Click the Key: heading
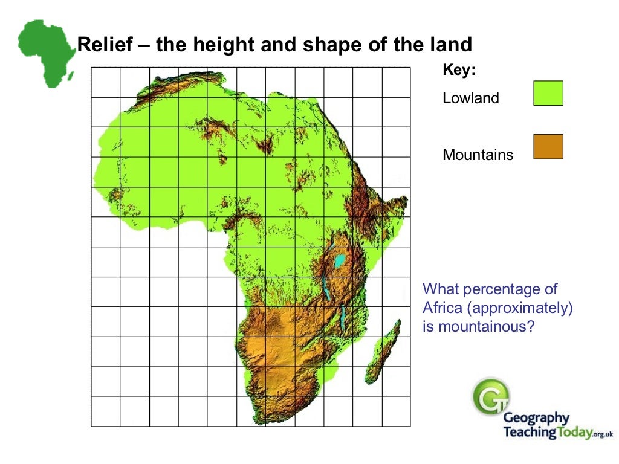pyautogui.click(x=459, y=71)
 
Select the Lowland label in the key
pyautogui.click(x=471, y=98)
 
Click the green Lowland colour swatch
pyautogui.click(x=548, y=94)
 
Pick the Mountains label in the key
pyautogui.click(x=478, y=155)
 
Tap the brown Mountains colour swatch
pyautogui.click(x=548, y=147)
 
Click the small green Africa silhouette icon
pyautogui.click(x=45, y=51)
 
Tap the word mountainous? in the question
pyautogui.click(x=479, y=327)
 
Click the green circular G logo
pyautogui.click(x=490, y=396)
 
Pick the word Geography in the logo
pyautogui.click(x=536, y=418)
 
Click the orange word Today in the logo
pyautogui.click(x=571, y=433)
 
